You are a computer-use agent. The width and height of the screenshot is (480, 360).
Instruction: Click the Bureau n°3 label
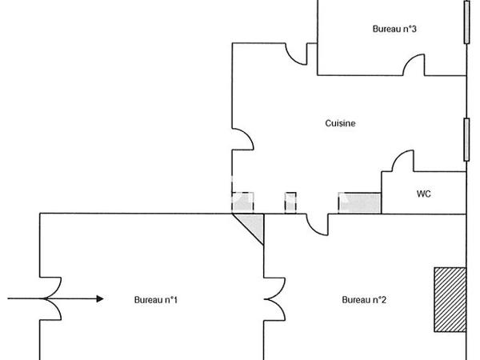394,29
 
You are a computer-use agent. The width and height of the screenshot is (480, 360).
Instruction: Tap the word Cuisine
340,123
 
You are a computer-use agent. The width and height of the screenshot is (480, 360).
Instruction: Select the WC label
423,194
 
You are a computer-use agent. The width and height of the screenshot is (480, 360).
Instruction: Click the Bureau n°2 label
364,300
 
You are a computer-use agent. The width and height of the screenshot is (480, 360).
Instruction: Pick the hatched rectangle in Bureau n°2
450,299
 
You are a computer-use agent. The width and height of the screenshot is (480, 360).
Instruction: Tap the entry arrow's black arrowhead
99,299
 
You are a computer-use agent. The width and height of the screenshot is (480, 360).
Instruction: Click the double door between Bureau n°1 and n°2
272,299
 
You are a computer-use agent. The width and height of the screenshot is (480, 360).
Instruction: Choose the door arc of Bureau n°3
414,66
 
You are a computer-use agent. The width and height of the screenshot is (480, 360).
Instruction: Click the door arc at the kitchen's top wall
298,54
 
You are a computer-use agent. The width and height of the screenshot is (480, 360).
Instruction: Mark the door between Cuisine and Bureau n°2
318,224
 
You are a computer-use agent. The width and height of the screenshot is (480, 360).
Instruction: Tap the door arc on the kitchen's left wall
242,141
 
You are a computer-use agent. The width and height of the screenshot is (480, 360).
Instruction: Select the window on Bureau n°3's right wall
466,22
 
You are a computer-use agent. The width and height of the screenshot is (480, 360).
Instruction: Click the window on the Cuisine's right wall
466,138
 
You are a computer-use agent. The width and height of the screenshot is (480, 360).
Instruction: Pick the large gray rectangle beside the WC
359,203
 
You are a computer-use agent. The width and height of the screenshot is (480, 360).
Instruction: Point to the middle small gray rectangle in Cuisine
290,202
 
